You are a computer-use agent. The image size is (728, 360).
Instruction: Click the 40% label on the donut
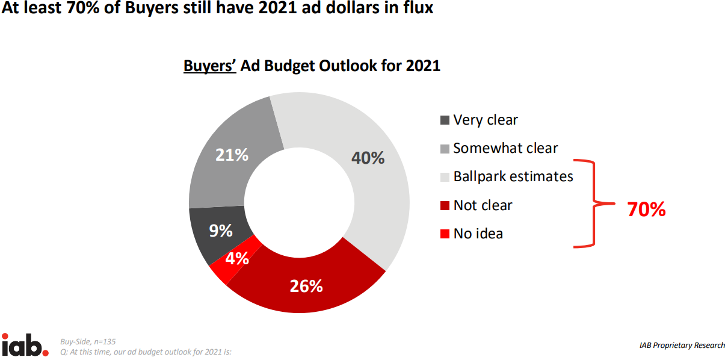(x=368, y=158)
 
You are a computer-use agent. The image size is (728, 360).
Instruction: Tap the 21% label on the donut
(x=232, y=155)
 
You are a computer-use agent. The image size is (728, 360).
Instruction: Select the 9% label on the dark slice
(x=221, y=231)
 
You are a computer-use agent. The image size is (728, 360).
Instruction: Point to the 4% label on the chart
(x=238, y=258)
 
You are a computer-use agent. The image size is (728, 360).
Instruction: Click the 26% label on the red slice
(x=306, y=286)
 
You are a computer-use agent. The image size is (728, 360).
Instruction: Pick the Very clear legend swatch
(x=445, y=120)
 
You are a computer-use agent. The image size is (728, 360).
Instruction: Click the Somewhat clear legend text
(x=505, y=148)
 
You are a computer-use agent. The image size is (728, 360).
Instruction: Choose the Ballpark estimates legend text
(x=513, y=176)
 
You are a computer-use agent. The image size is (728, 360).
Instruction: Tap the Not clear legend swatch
(x=445, y=205)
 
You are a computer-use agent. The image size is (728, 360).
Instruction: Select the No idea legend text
(x=478, y=234)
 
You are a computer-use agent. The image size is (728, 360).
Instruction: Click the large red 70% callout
(x=646, y=209)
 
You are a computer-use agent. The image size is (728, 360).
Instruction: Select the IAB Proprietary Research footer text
(x=682, y=346)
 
